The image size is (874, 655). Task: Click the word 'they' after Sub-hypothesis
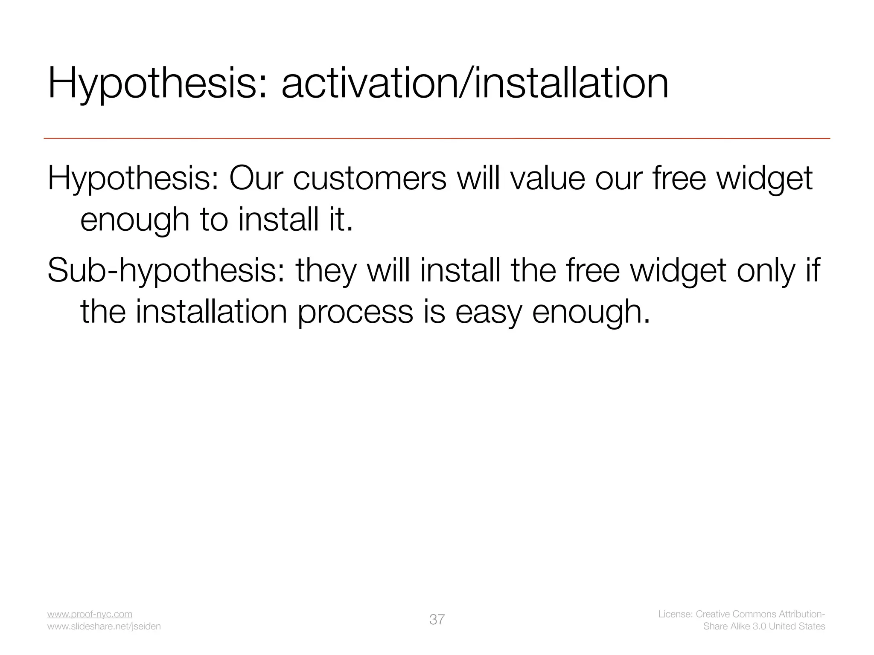pos(326,270)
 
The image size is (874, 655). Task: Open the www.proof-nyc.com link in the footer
pos(90,614)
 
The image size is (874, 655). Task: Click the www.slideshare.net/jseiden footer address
pos(104,626)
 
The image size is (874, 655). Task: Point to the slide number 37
pos(437,620)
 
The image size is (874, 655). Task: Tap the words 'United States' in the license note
pos(797,626)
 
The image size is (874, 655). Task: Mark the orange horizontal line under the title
pos(437,139)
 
